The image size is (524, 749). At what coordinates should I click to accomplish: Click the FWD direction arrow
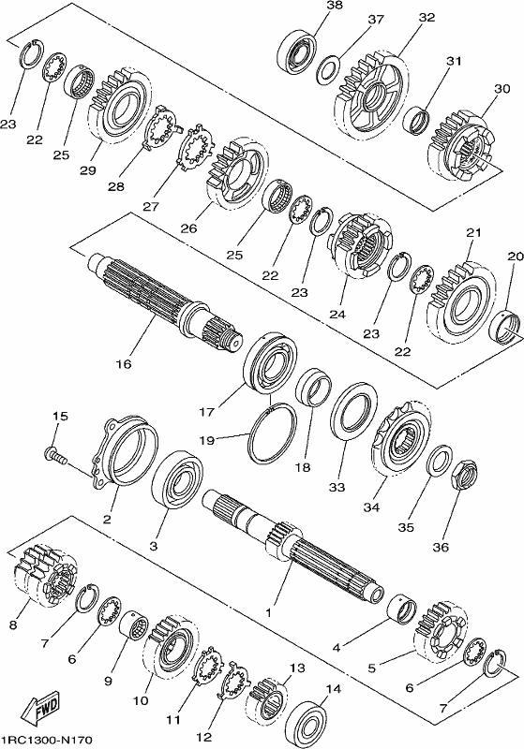click(x=41, y=708)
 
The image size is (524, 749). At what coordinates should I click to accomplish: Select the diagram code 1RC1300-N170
click(x=46, y=740)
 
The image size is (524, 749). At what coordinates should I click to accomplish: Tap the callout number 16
click(x=123, y=364)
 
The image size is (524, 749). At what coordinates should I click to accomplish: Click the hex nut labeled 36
click(x=463, y=474)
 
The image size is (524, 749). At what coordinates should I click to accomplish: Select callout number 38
click(x=335, y=6)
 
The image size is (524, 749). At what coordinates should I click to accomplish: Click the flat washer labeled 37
click(x=328, y=68)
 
